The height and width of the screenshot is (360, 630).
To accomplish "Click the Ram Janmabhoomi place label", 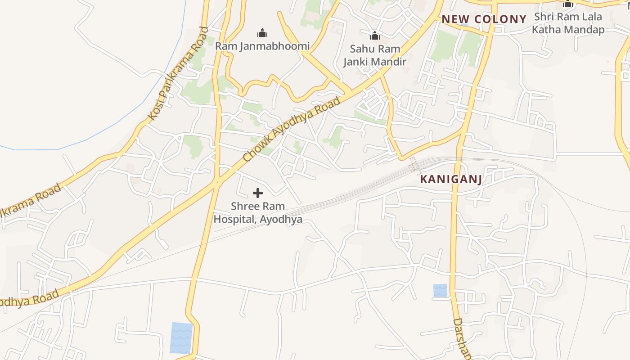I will click(262, 46).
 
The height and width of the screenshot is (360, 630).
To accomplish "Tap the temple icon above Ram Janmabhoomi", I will click(262, 33).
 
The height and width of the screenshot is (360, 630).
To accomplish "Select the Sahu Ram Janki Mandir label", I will click(375, 55).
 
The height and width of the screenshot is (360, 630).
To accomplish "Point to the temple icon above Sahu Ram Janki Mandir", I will click(374, 36).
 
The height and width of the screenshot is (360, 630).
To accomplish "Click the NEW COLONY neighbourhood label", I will click(484, 19).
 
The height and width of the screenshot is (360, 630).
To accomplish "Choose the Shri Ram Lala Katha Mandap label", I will click(568, 23).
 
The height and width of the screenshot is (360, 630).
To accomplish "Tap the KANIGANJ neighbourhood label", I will click(451, 179).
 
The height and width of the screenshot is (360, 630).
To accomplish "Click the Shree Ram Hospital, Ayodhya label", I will click(258, 213).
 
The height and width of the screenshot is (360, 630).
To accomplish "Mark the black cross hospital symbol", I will click(258, 193).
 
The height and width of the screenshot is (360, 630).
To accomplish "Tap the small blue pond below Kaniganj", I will click(441, 290).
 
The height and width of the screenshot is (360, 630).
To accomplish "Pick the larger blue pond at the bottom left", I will click(181, 337).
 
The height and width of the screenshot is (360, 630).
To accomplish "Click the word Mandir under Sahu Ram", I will click(390, 62).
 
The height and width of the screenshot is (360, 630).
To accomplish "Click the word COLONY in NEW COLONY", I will click(499, 19).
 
